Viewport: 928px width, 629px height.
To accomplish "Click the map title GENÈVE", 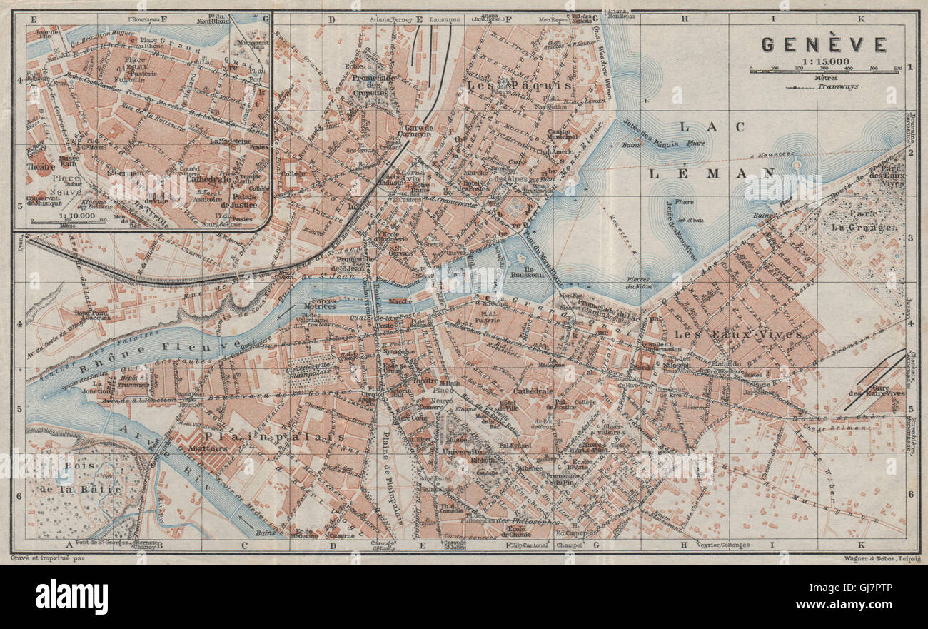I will (824, 44).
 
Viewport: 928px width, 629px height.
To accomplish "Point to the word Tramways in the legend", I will (839, 86).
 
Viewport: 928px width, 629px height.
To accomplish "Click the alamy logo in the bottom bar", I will (71, 597).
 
